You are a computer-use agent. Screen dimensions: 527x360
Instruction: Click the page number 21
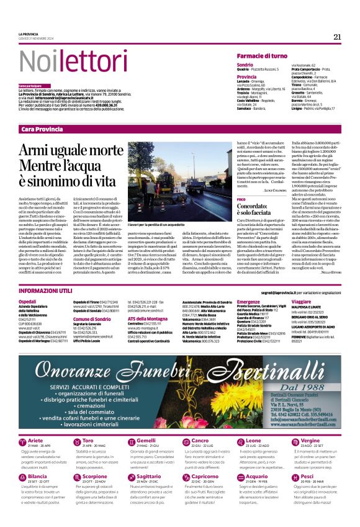coord(337,37)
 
